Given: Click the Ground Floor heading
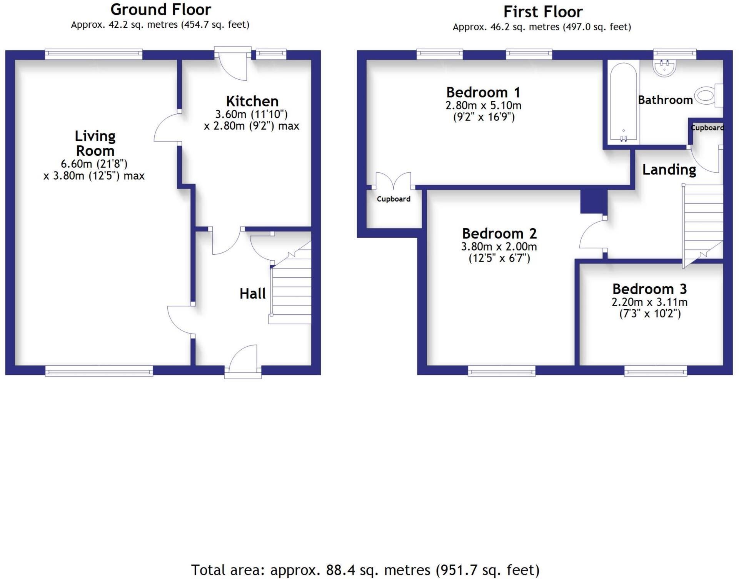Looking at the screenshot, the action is (x=161, y=10).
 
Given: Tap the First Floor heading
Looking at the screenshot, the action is (x=543, y=12).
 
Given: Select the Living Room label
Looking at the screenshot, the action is (x=95, y=143).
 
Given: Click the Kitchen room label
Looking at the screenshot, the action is (x=252, y=101).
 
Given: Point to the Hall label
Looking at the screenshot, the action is (x=252, y=294).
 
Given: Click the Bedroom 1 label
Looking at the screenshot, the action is (x=483, y=92).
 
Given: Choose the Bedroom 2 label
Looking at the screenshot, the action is (x=499, y=234).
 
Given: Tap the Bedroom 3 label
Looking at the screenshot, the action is (x=649, y=289).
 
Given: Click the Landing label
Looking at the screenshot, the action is (x=669, y=170).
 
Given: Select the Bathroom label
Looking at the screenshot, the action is (x=665, y=100).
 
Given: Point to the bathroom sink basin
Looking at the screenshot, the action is (x=664, y=68).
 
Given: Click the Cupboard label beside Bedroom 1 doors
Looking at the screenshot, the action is (x=394, y=199).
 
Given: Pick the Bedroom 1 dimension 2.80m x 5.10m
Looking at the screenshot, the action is (x=483, y=105).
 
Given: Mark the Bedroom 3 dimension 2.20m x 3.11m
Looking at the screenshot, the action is (x=649, y=302).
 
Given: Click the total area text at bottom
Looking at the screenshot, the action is (x=365, y=570).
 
